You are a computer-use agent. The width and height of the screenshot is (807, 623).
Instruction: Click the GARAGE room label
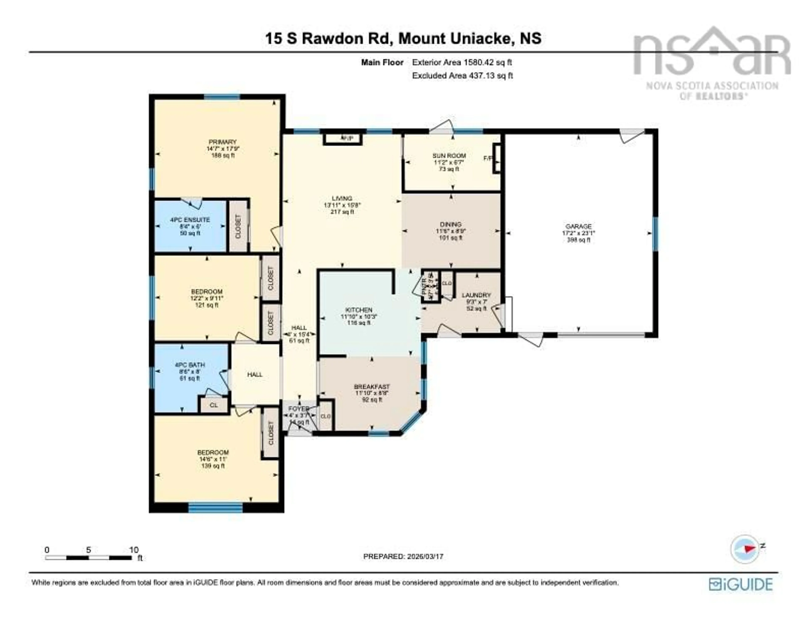[578, 226]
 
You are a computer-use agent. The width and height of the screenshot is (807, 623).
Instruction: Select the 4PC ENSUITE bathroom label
[190, 220]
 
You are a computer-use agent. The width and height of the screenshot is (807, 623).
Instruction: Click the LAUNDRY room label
[476, 295]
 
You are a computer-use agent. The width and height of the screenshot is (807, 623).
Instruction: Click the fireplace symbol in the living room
[343, 139]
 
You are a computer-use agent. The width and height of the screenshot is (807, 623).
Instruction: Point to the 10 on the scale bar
[134, 550]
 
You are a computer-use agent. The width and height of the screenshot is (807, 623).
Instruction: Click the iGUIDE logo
[741, 585]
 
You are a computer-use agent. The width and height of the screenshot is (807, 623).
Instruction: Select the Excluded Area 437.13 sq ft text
[462, 76]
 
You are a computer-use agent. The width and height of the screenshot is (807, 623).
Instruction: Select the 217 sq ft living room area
[342, 212]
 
